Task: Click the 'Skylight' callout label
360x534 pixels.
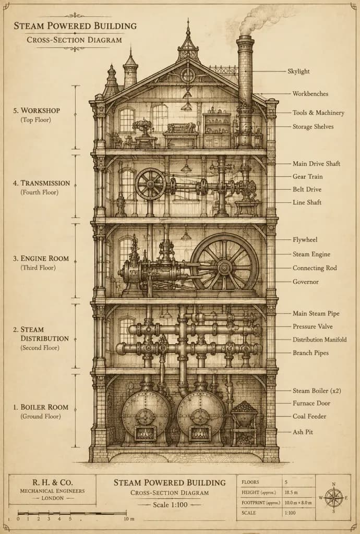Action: click(298, 71)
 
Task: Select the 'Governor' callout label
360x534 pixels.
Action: click(306, 282)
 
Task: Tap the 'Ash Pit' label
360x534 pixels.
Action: click(303, 432)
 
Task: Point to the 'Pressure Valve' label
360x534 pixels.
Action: click(313, 326)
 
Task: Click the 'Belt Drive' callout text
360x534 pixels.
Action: click(307, 189)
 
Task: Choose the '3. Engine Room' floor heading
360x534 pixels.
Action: click(41, 259)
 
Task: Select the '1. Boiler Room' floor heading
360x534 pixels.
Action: click(41, 407)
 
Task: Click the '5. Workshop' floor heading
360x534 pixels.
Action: click(37, 111)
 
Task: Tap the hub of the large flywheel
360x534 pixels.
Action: click(224, 268)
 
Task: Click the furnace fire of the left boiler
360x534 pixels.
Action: click(146, 433)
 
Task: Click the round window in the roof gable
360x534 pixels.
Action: click(188, 75)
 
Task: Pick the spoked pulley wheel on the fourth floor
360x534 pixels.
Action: click(150, 184)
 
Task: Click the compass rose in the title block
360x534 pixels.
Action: click(334, 497)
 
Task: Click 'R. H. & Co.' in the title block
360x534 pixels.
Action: click(53, 482)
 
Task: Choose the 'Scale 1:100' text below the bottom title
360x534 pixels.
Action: click(170, 505)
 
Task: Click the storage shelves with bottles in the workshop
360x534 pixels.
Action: click(217, 130)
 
